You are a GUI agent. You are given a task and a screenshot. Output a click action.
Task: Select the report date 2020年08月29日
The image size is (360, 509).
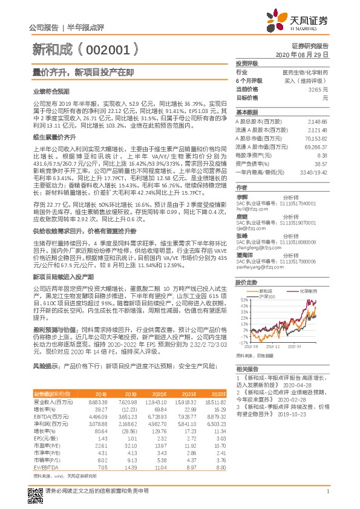tap(306, 54)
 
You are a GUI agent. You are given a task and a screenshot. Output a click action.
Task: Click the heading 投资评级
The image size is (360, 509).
tap(247, 63)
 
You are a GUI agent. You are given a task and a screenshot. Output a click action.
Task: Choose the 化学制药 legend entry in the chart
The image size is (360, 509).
tap(309, 291)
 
